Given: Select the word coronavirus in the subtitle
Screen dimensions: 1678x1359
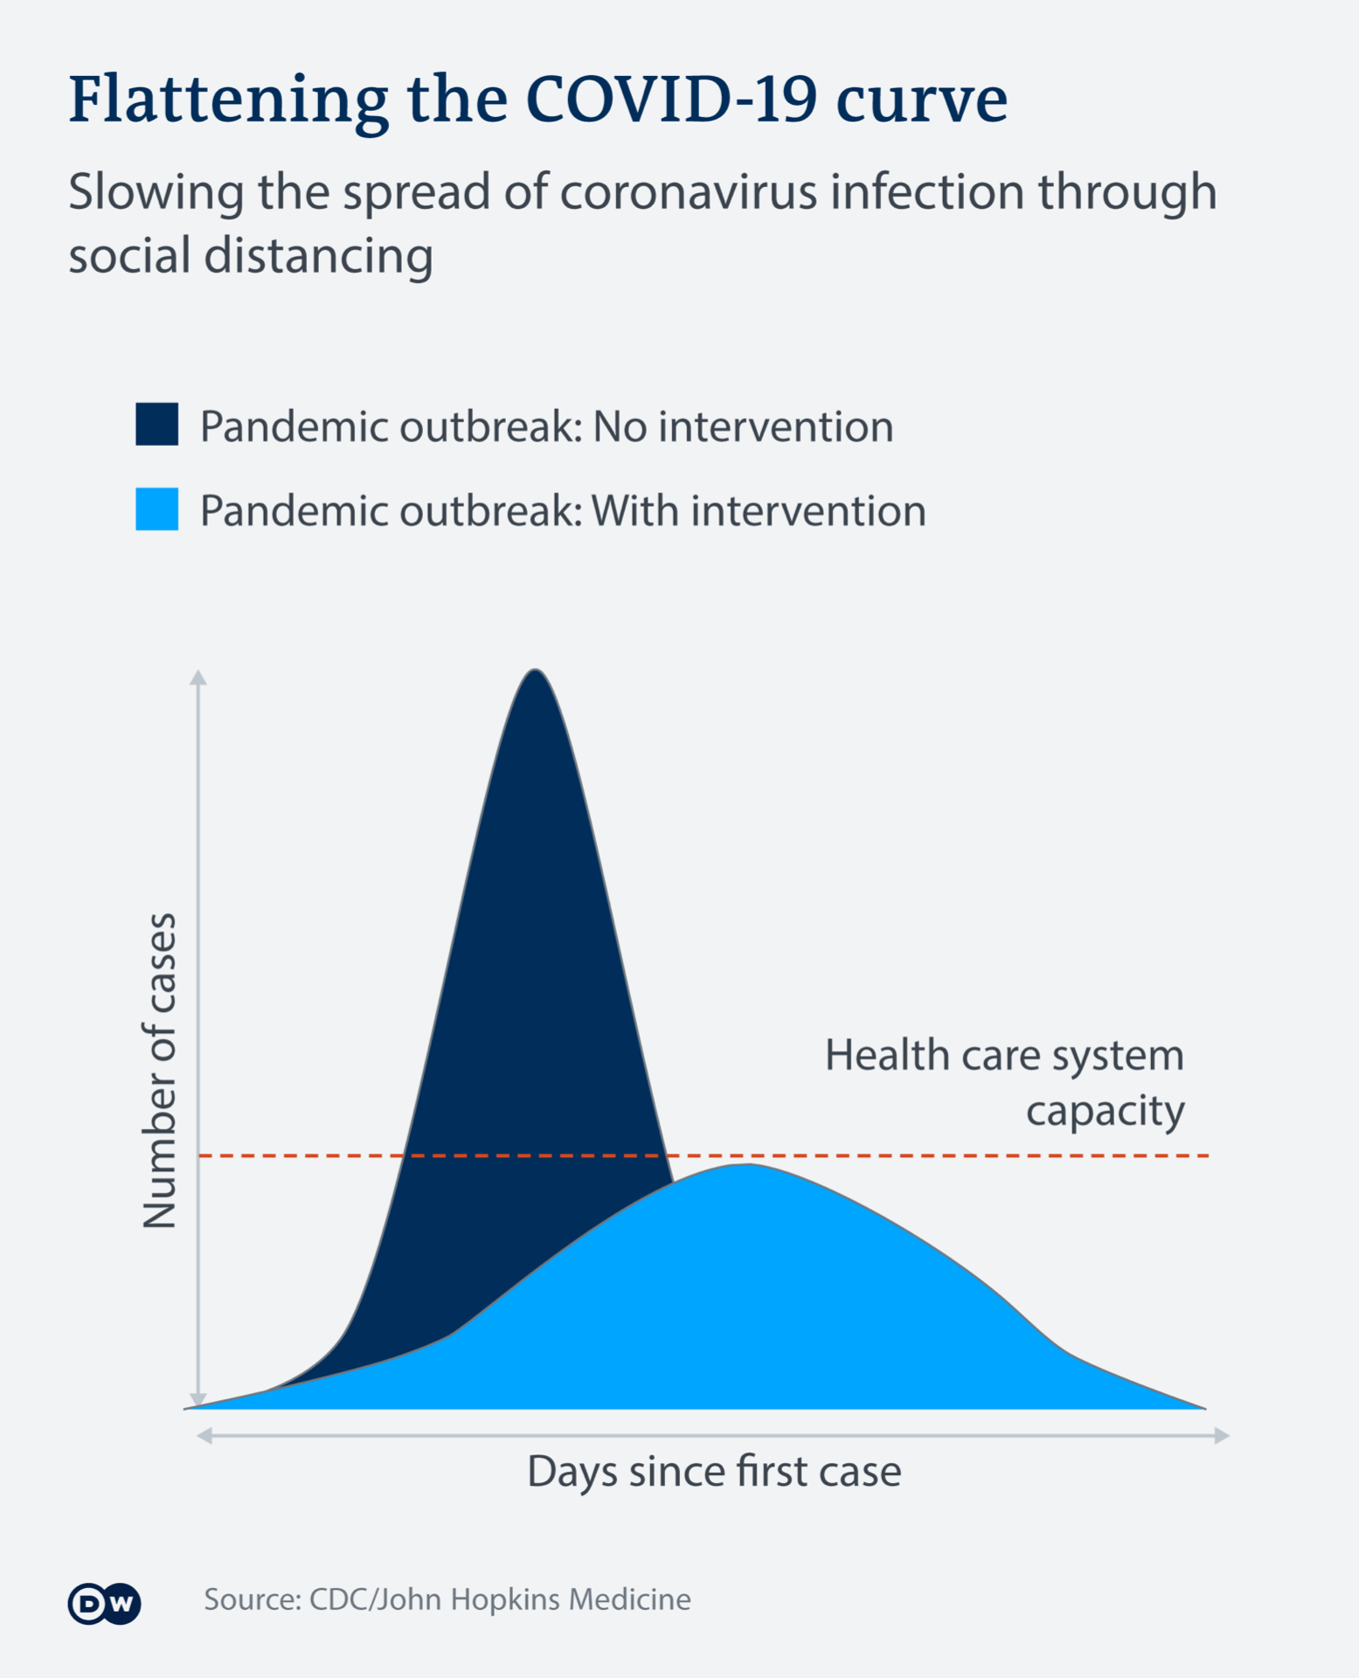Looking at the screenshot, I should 689,192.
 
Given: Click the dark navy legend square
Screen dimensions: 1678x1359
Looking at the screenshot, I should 157,425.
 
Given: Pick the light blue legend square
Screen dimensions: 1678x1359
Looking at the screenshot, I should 157,509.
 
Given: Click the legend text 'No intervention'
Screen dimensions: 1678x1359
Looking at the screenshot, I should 743,426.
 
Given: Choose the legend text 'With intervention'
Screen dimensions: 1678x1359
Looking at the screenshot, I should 759,510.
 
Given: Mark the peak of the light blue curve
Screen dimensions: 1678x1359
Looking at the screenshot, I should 748,1166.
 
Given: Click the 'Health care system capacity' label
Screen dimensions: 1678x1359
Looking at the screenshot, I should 1005,1082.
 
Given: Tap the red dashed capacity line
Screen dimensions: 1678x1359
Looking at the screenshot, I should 961,1155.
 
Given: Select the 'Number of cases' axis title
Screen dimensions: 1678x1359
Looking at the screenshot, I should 159,1071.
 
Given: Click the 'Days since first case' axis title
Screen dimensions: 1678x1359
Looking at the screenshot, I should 714,1471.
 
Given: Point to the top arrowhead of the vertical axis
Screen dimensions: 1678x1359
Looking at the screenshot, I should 198,677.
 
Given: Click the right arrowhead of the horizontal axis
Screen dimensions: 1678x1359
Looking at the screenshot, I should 1222,1435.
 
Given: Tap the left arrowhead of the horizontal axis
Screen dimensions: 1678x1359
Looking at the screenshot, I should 205,1435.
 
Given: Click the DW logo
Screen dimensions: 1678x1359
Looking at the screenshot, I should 104,1603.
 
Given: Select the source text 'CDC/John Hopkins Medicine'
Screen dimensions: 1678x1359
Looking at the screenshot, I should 500,1599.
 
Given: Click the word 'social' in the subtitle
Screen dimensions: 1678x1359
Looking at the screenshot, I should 128,256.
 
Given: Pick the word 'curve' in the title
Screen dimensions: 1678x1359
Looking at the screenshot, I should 921,99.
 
